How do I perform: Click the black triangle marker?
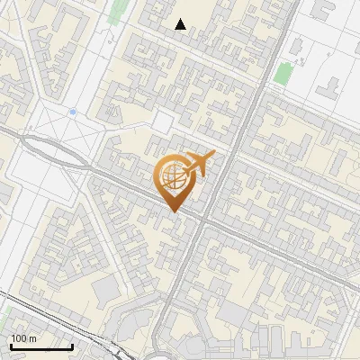[181, 24]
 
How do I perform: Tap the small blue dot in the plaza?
[73, 112]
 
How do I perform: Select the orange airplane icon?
[199, 164]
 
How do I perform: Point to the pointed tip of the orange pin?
[174, 211]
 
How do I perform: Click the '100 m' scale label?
[24, 338]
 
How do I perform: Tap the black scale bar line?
[41, 346]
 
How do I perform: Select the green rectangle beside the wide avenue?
[283, 74]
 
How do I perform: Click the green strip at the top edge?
[118, 11]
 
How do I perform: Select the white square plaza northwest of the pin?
[162, 121]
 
